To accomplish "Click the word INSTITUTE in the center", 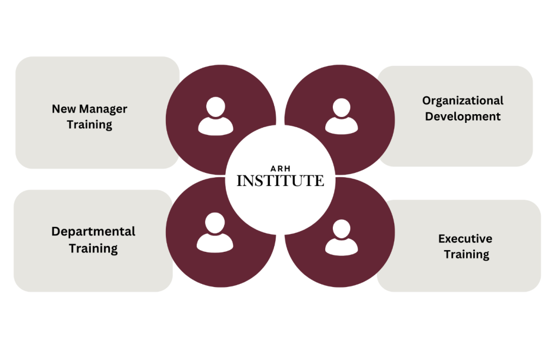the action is point(280,181).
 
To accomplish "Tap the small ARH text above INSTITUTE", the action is point(280,169).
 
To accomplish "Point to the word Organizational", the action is point(463,101).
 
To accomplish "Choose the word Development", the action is point(463,117).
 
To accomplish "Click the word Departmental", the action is point(94,232).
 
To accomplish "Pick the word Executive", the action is point(466,239).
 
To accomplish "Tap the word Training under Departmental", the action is point(94,249).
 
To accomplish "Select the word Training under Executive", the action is point(467,255).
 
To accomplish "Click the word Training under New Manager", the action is point(90,125).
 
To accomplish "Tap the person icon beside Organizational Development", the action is point(342,116).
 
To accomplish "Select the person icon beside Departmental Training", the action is point(215,233).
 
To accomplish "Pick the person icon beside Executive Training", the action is point(342,238).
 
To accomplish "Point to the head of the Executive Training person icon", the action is point(342,228).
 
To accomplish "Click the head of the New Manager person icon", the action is point(215,107).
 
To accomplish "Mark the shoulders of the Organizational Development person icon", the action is point(342,126).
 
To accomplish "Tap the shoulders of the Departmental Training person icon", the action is point(215,243).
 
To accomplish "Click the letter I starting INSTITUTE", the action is point(239,181).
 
